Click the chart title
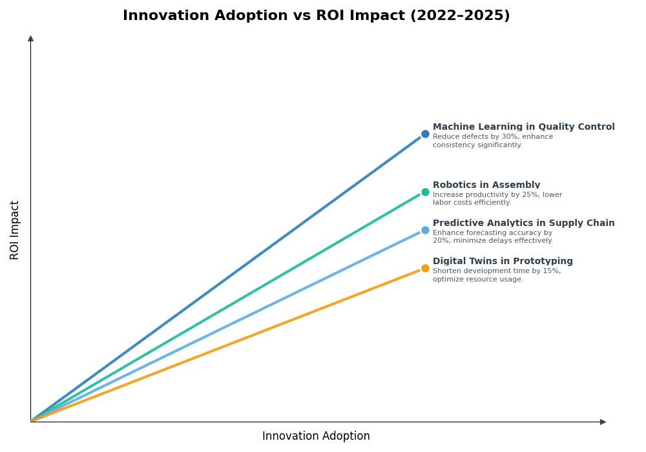click(316, 16)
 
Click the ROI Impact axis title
click(15, 230)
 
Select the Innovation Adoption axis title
click(316, 437)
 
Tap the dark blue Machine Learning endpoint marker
click(425, 134)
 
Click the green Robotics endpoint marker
click(425, 192)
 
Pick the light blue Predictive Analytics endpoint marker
click(425, 230)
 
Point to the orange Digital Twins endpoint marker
click(425, 268)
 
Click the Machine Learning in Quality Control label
click(523, 127)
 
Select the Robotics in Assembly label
click(486, 185)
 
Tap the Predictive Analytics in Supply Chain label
click(523, 223)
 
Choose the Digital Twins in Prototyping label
click(503, 262)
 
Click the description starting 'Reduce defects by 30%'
click(492, 141)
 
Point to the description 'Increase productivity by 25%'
click(497, 199)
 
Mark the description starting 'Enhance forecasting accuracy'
click(492, 237)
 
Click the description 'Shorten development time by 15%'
click(496, 275)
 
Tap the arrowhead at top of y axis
click(30, 39)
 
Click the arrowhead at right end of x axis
click(603, 422)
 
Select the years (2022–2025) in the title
click(459, 16)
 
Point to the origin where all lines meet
click(31, 421)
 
